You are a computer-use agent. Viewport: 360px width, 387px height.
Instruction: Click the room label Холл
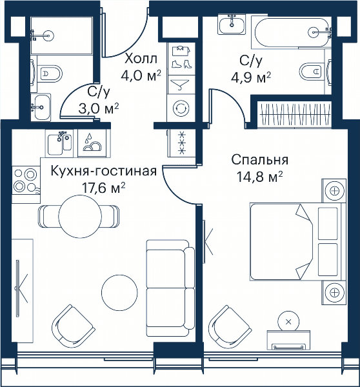tap(141, 59)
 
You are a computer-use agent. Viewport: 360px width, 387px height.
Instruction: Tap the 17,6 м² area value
tap(103, 188)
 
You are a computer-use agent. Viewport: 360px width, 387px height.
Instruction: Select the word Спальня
tap(260, 160)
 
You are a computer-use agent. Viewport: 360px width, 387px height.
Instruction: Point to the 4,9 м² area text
tap(251, 77)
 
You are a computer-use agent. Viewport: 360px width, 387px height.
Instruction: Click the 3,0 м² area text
tap(99, 108)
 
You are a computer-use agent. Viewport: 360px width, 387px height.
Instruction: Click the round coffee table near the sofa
tap(119, 292)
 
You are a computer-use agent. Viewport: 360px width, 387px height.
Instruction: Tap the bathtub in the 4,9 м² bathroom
tap(292, 32)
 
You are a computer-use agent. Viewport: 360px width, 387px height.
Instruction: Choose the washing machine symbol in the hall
tap(181, 108)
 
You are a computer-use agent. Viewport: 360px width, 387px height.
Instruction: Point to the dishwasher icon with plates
tap(92, 143)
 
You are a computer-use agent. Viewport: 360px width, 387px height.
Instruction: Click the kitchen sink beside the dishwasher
tap(59, 143)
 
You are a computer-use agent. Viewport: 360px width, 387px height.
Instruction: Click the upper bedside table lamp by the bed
tap(334, 190)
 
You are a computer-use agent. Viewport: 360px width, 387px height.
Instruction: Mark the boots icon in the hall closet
tap(181, 64)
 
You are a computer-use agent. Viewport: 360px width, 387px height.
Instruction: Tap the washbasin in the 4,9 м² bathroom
tap(232, 24)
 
